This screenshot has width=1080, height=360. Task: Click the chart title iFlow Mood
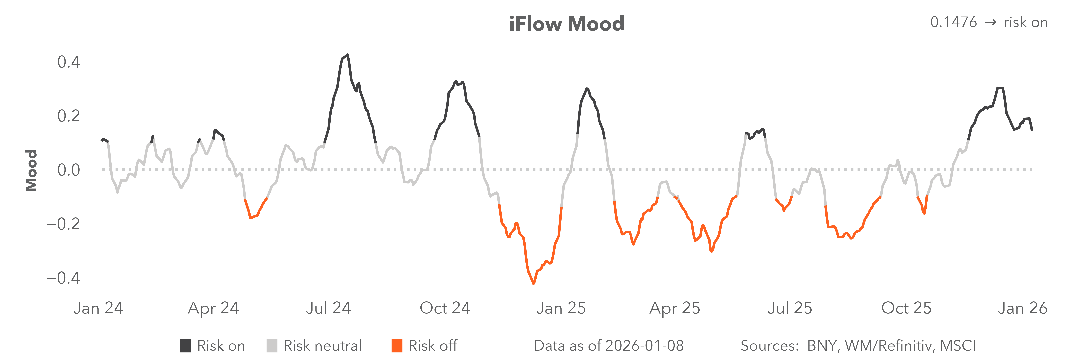point(566,24)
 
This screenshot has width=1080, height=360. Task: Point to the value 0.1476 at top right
point(953,22)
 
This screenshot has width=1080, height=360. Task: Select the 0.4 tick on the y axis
point(68,62)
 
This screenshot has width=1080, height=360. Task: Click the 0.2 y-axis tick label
point(68,116)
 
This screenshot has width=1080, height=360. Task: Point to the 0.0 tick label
point(68,170)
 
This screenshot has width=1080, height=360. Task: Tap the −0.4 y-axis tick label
point(63,278)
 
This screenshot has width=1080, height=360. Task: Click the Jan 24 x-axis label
point(98,308)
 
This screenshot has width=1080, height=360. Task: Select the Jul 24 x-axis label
point(328,308)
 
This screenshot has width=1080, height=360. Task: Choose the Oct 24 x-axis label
point(445,308)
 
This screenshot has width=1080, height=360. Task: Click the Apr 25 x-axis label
point(675,308)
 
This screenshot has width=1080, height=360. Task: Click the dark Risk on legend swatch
point(185,346)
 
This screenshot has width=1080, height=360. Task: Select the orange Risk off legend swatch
point(397,346)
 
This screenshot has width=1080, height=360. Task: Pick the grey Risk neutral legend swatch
point(272,346)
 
